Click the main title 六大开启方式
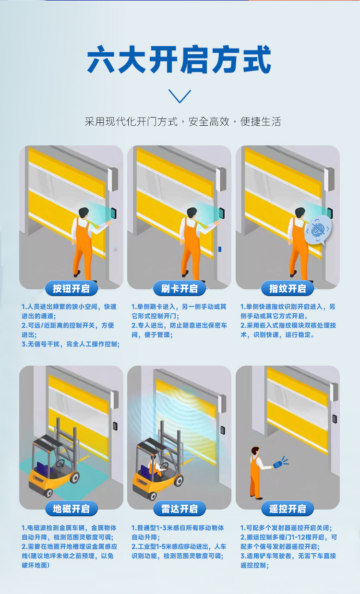(180, 59)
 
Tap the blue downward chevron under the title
(180, 96)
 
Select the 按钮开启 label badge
(71, 288)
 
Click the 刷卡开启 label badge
(180, 288)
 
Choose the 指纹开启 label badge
(288, 288)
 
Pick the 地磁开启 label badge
(71, 509)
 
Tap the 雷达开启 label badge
(180, 509)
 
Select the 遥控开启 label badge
(288, 509)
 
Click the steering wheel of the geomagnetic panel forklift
(60, 463)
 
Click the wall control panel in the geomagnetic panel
(115, 425)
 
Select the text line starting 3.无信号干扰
(71, 344)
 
